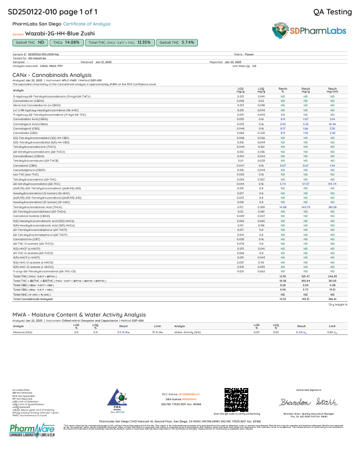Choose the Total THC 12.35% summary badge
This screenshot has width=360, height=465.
(119, 42)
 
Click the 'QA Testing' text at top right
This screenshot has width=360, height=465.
(332, 12)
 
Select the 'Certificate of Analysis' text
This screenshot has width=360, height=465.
(86, 24)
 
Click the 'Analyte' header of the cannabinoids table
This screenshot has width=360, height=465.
(19, 90)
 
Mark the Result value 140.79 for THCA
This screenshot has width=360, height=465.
(305, 207)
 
